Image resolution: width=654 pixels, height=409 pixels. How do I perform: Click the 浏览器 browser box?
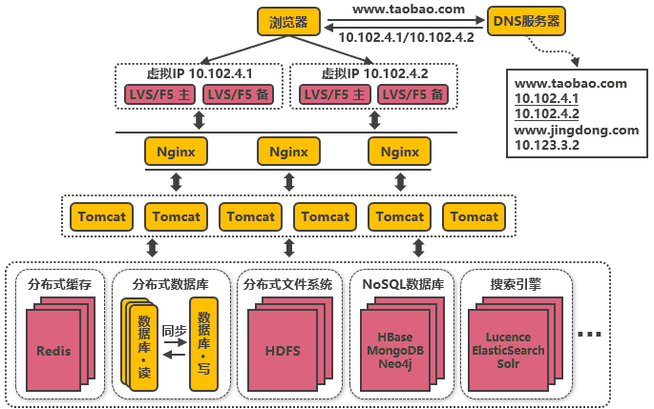pyautogui.click(x=287, y=21)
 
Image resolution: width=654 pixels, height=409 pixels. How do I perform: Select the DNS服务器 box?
pyautogui.click(x=525, y=20)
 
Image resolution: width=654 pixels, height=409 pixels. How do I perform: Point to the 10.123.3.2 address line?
pyautogui.click(x=548, y=145)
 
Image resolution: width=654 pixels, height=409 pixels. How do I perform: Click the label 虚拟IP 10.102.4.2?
pyautogui.click(x=374, y=73)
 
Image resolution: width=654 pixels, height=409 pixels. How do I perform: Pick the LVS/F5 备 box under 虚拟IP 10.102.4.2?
pyautogui.click(x=413, y=94)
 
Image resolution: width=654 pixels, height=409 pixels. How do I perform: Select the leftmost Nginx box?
pyautogui.click(x=176, y=152)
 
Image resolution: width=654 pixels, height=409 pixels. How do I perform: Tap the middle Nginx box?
pyautogui.click(x=288, y=152)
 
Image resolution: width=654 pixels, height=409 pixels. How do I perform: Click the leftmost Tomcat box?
pyautogui.click(x=101, y=216)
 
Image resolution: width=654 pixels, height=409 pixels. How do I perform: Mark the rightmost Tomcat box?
pyautogui.click(x=474, y=216)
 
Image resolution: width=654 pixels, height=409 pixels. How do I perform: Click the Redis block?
pyautogui.click(x=53, y=351)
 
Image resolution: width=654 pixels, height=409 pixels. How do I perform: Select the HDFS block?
pyautogui.click(x=282, y=351)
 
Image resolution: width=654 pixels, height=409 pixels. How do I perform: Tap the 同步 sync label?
pyautogui.click(x=174, y=331)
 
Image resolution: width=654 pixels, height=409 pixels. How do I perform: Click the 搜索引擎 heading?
pyautogui.click(x=515, y=284)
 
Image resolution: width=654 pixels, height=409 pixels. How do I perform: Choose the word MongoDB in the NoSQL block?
pyautogui.click(x=394, y=350)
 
